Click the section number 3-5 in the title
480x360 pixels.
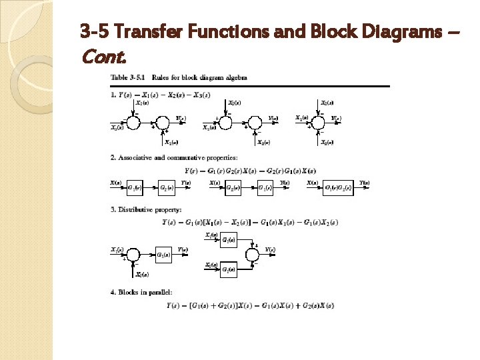click(x=94, y=31)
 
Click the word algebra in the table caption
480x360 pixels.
click(x=233, y=77)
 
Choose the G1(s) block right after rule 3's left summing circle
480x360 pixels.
click(x=165, y=255)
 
